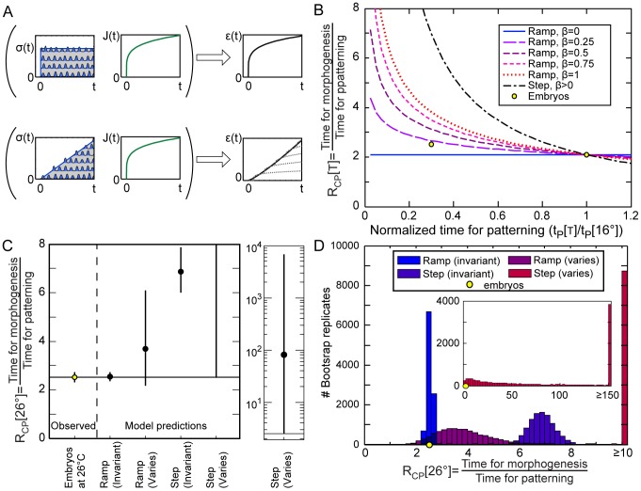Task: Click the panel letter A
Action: point(8,8)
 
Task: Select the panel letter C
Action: point(8,247)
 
